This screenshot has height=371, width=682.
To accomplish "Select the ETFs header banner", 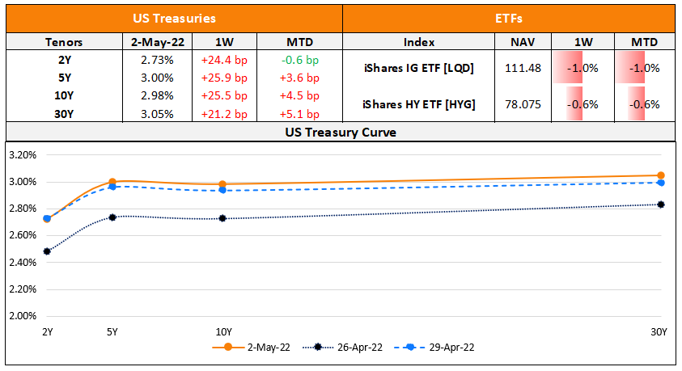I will coord(509,17).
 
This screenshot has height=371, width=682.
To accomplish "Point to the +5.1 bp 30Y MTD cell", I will coord(299,114).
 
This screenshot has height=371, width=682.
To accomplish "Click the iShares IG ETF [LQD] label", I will coord(418,68).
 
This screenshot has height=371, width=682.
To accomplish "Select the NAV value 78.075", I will coord(520,103).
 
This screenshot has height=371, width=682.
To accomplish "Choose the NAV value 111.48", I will coord(520,68).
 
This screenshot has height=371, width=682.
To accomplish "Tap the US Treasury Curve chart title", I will coord(340,132).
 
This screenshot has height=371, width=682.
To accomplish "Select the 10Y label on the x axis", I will coord(223,331).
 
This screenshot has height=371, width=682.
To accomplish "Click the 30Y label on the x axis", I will coord(659,331).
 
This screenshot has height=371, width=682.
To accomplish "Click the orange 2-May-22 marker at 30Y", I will coord(661,175).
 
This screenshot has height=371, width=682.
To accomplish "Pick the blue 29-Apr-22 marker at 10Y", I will coord(222,190).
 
